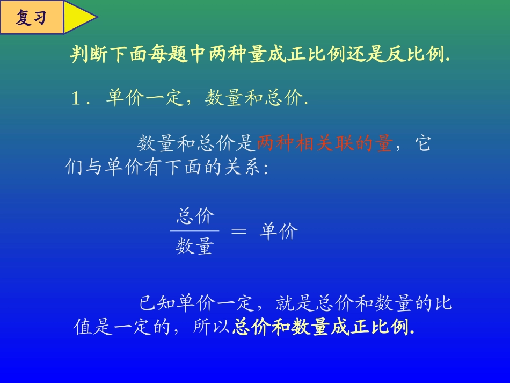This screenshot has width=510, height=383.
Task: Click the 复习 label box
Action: (x=32, y=17)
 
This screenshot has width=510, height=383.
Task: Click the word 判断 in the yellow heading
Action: (x=85, y=55)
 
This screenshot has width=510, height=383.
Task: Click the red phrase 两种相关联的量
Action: (x=324, y=143)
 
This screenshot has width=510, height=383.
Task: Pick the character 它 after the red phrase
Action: (x=424, y=143)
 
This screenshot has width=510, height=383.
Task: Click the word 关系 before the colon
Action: (x=245, y=168)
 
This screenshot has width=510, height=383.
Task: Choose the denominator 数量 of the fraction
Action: (x=194, y=246)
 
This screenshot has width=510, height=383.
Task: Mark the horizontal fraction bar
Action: (x=194, y=231)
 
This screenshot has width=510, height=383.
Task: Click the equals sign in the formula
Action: (x=239, y=232)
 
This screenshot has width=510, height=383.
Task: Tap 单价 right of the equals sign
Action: (x=278, y=232)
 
